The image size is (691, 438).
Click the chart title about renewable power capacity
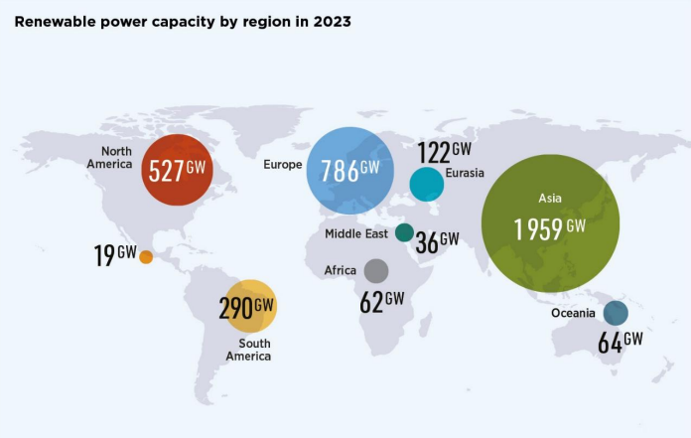point(183,20)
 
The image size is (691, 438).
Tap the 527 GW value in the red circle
point(179,170)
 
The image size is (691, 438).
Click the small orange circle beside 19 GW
point(146,256)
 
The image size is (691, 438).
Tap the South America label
point(248,350)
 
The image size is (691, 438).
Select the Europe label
point(283,165)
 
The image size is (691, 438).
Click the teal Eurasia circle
point(426,184)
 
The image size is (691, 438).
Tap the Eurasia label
point(466,173)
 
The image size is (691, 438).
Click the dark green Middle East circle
point(404,232)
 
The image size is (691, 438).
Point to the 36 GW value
point(437,241)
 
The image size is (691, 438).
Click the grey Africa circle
point(376,270)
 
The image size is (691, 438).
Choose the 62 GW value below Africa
point(382,301)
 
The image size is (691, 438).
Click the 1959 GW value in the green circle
point(549,227)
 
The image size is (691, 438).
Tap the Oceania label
point(573,314)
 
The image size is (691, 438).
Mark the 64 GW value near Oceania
point(620,342)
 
